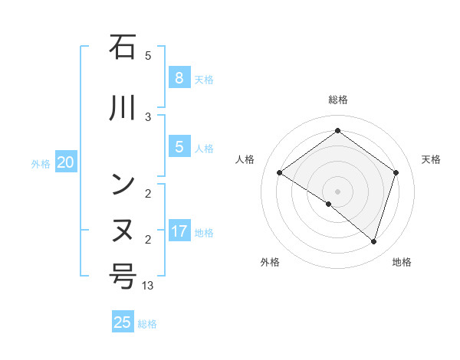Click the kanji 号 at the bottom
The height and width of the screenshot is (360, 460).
123,276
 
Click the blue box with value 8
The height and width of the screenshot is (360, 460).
179,78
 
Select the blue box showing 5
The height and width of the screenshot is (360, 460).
179,147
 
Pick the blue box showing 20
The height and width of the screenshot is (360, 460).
66,162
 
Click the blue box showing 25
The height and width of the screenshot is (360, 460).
123,322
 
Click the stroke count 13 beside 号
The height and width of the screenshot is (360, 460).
149,285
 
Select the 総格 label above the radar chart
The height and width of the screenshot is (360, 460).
337,100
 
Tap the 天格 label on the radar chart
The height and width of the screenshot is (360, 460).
431,159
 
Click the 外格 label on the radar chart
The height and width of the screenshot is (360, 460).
270,262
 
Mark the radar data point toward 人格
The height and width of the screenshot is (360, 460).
280,173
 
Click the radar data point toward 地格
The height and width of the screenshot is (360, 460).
373,241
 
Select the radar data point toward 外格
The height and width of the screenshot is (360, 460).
329,204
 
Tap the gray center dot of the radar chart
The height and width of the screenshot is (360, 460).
337,191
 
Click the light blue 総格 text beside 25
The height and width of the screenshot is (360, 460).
147,324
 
